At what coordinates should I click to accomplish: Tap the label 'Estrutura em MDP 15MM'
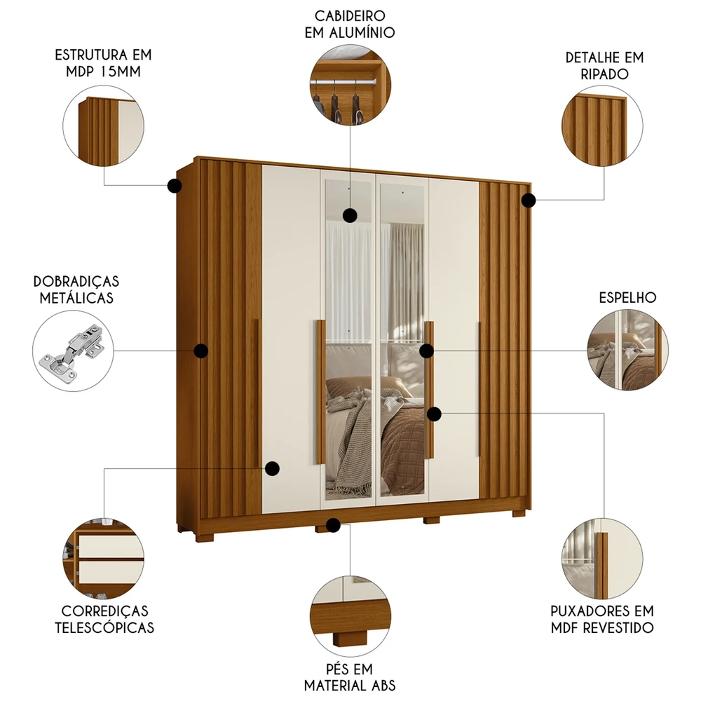point(104,64)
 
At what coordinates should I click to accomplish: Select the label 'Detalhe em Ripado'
point(604,65)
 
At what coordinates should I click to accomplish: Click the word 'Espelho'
point(627,297)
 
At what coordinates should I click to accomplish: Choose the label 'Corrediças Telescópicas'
point(104,619)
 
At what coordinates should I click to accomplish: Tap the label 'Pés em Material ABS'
point(349,676)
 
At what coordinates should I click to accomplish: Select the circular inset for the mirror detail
point(627,350)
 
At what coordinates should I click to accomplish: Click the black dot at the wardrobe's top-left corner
point(175,186)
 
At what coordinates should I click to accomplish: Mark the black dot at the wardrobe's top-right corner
point(529,200)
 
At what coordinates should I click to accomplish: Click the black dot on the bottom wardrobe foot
point(334,525)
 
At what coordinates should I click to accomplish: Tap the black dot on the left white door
point(272,468)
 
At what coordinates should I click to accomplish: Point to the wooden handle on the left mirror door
point(320,392)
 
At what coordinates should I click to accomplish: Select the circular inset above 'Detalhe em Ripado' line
point(603,127)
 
